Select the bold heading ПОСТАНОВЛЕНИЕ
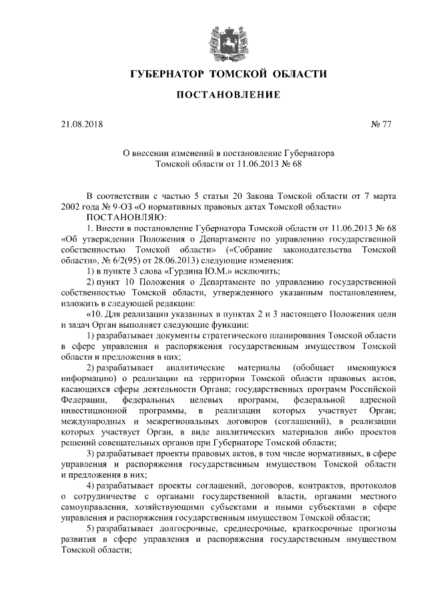pos(213,95)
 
